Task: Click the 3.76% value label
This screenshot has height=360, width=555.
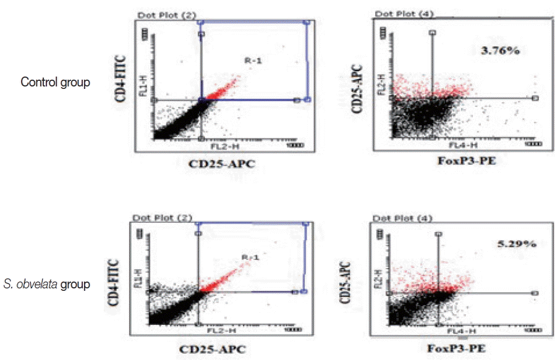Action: (x=499, y=51)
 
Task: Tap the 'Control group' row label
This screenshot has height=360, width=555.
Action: (x=56, y=82)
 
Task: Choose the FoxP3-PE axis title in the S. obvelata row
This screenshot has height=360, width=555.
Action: (x=456, y=348)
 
